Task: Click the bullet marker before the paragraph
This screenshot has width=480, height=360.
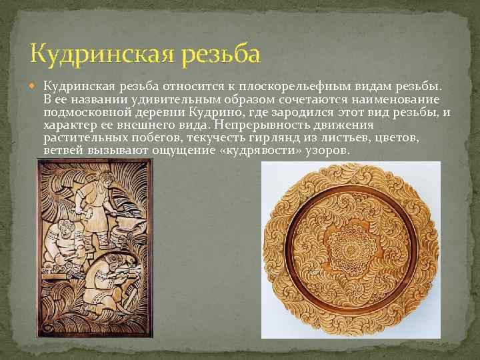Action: click(x=36, y=85)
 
